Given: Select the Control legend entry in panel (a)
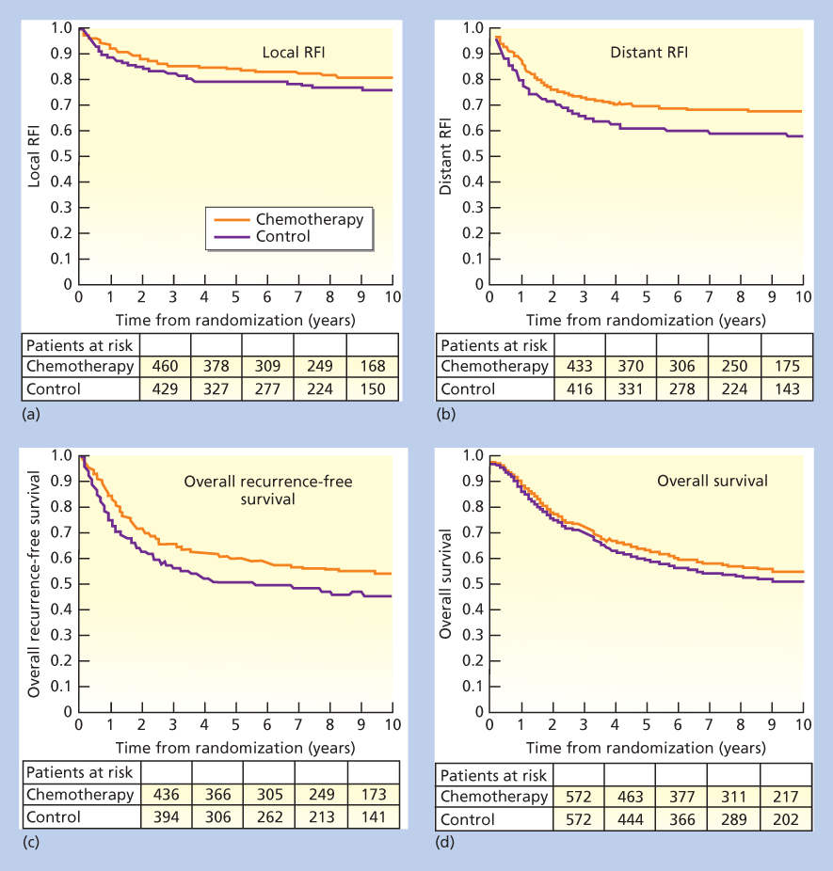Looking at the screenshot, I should [282, 236].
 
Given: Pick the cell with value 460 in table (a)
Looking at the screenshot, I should [165, 365].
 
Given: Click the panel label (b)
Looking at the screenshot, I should [443, 409].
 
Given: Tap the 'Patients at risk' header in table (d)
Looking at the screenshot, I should [494, 774].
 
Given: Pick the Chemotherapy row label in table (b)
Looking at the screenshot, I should [494, 365].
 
